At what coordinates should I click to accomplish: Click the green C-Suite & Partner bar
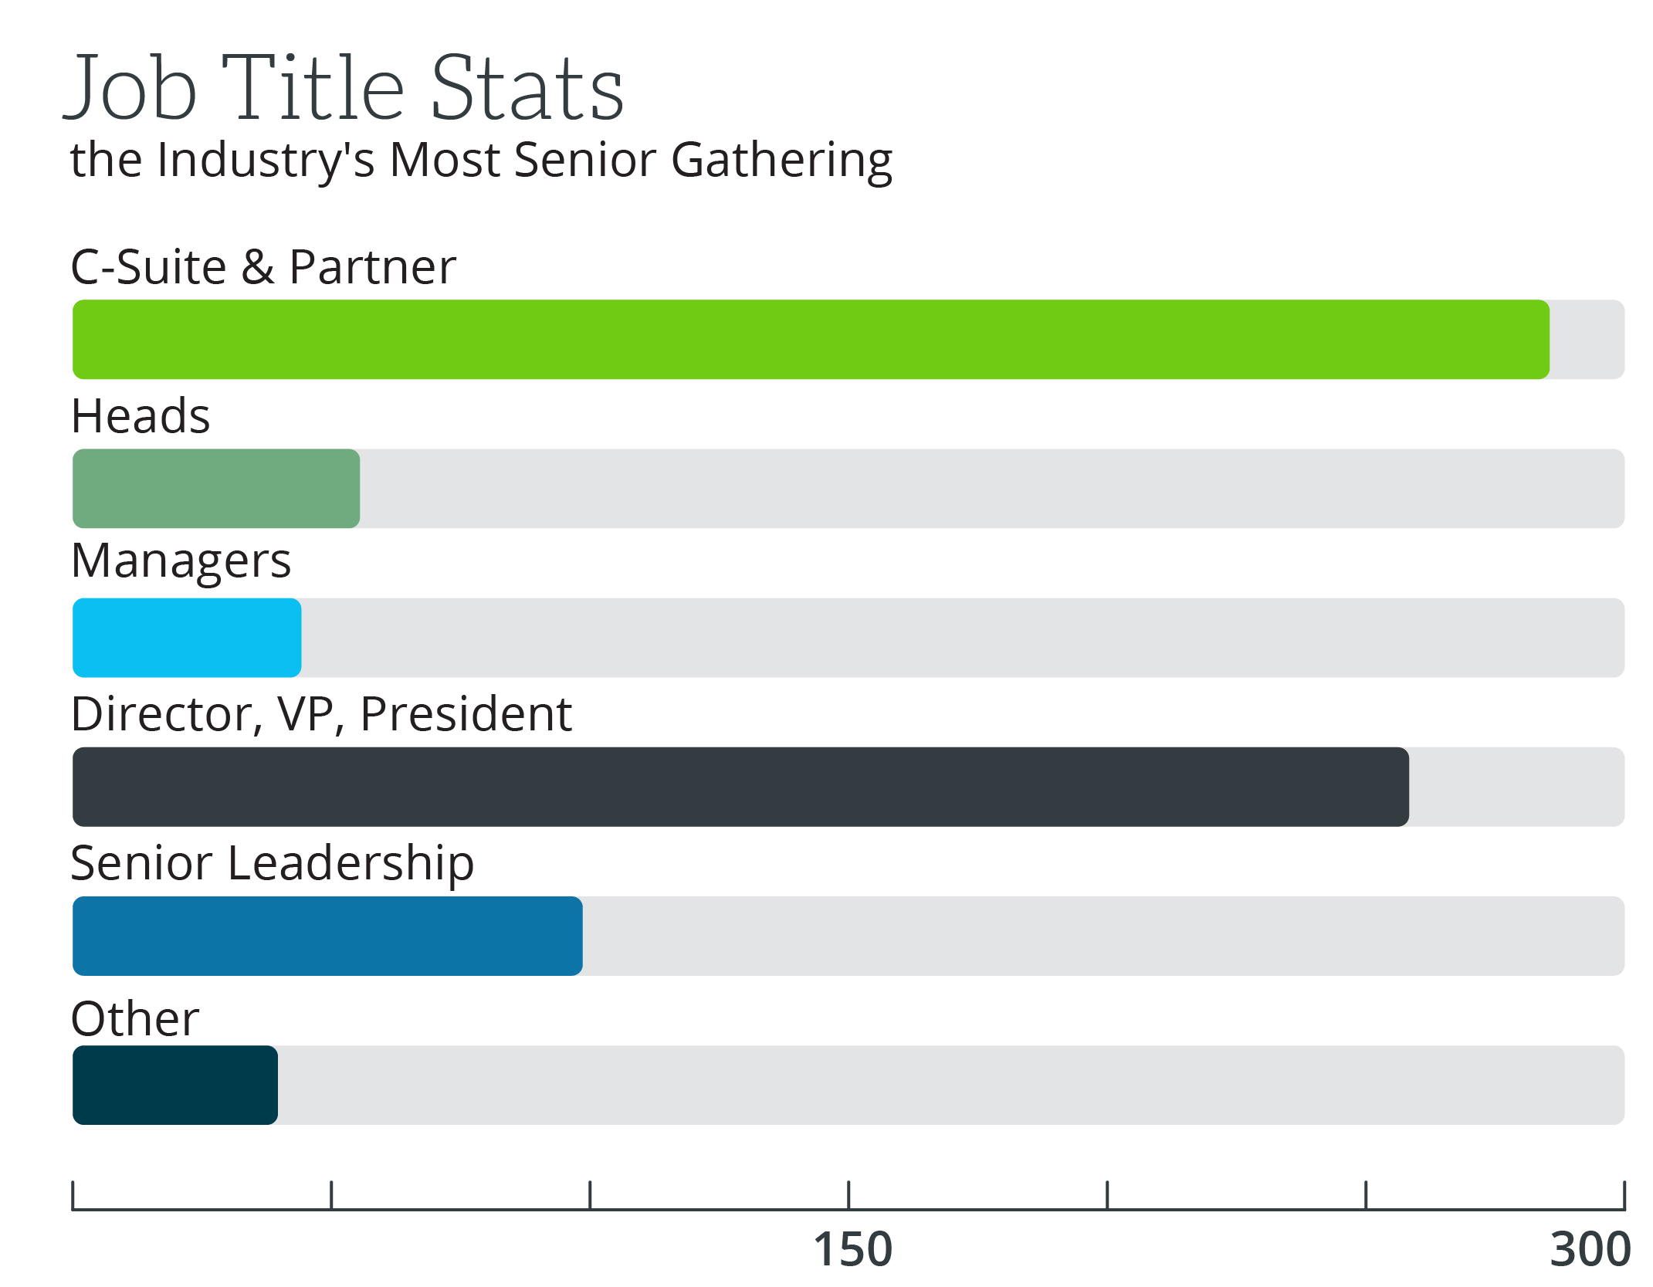tap(811, 340)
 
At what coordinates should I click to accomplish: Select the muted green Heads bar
tap(216, 489)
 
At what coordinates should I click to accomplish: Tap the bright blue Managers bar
tap(187, 638)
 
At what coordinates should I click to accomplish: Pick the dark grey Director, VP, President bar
tap(740, 787)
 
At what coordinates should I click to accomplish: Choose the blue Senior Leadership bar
tap(327, 936)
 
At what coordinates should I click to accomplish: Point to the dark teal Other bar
tap(175, 1085)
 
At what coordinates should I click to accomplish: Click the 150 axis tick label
tap(852, 1249)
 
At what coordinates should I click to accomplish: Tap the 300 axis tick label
tap(1590, 1249)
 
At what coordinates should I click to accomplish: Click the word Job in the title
tap(131, 89)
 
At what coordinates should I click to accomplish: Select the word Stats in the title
tap(527, 89)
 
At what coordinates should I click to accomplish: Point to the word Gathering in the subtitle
tap(781, 161)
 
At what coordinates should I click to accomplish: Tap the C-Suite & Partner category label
tap(263, 267)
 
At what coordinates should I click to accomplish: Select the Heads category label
tap(141, 416)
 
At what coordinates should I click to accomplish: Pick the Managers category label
tap(181, 561)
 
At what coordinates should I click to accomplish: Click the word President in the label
tap(466, 713)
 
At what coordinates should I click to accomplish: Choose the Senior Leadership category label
tap(272, 862)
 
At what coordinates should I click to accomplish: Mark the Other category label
tap(135, 1018)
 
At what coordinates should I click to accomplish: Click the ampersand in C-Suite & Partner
tap(258, 267)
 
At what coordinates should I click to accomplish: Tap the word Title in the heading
tap(313, 89)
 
